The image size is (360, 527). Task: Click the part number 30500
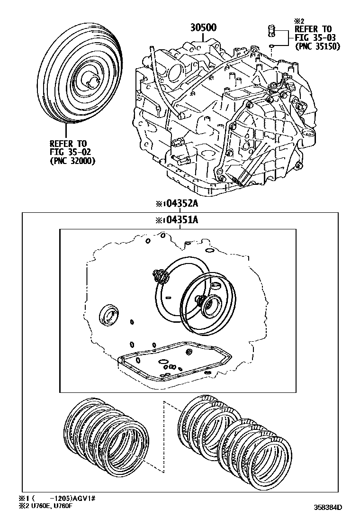pos(204,27)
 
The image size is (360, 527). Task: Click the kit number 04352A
pos(177,204)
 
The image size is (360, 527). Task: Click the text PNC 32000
pos(72,161)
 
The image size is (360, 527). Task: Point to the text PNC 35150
pos(314,46)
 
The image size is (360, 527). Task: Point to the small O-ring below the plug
pos(271,46)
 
